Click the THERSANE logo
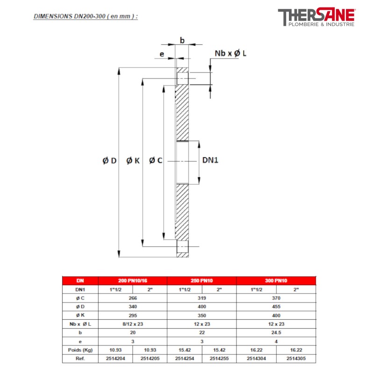[x=316, y=17]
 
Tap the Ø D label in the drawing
[x=109, y=160]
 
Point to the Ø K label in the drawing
[x=133, y=160]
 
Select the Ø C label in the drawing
[x=156, y=160]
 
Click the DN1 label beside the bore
[x=210, y=160]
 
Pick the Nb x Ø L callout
[x=230, y=54]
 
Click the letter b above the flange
[x=182, y=41]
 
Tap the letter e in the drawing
[x=162, y=54]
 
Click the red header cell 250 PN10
[x=201, y=281]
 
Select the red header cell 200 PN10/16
[x=132, y=281]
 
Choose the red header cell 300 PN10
[x=276, y=281]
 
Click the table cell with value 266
[x=132, y=298]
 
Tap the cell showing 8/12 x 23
[x=132, y=324]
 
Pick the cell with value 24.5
[x=276, y=332]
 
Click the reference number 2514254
[x=184, y=358]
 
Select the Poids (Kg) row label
[x=80, y=350]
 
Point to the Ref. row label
[x=80, y=358]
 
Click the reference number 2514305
[x=296, y=358]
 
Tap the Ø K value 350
[x=201, y=315]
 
